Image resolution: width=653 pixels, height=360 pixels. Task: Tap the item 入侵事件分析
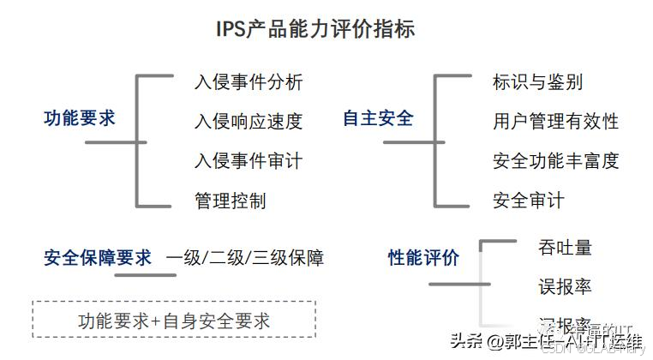(x=248, y=82)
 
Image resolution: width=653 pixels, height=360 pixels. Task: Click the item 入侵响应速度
(x=248, y=122)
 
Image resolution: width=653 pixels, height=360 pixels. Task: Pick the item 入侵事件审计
(x=248, y=160)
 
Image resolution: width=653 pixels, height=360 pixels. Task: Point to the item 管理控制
(x=230, y=201)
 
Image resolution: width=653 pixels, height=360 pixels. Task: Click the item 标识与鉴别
(x=537, y=82)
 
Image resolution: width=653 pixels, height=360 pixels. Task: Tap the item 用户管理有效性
(x=555, y=122)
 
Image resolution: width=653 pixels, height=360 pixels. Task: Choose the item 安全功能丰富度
(x=555, y=160)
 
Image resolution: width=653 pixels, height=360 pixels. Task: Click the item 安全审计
(x=528, y=201)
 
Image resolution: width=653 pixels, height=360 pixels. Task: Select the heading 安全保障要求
(x=98, y=257)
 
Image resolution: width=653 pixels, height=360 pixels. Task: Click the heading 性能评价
(x=423, y=257)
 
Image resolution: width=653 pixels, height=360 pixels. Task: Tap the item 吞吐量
(x=565, y=248)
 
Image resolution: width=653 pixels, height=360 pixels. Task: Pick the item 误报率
(x=565, y=286)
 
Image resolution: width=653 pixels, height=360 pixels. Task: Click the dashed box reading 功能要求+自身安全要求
(x=174, y=321)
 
